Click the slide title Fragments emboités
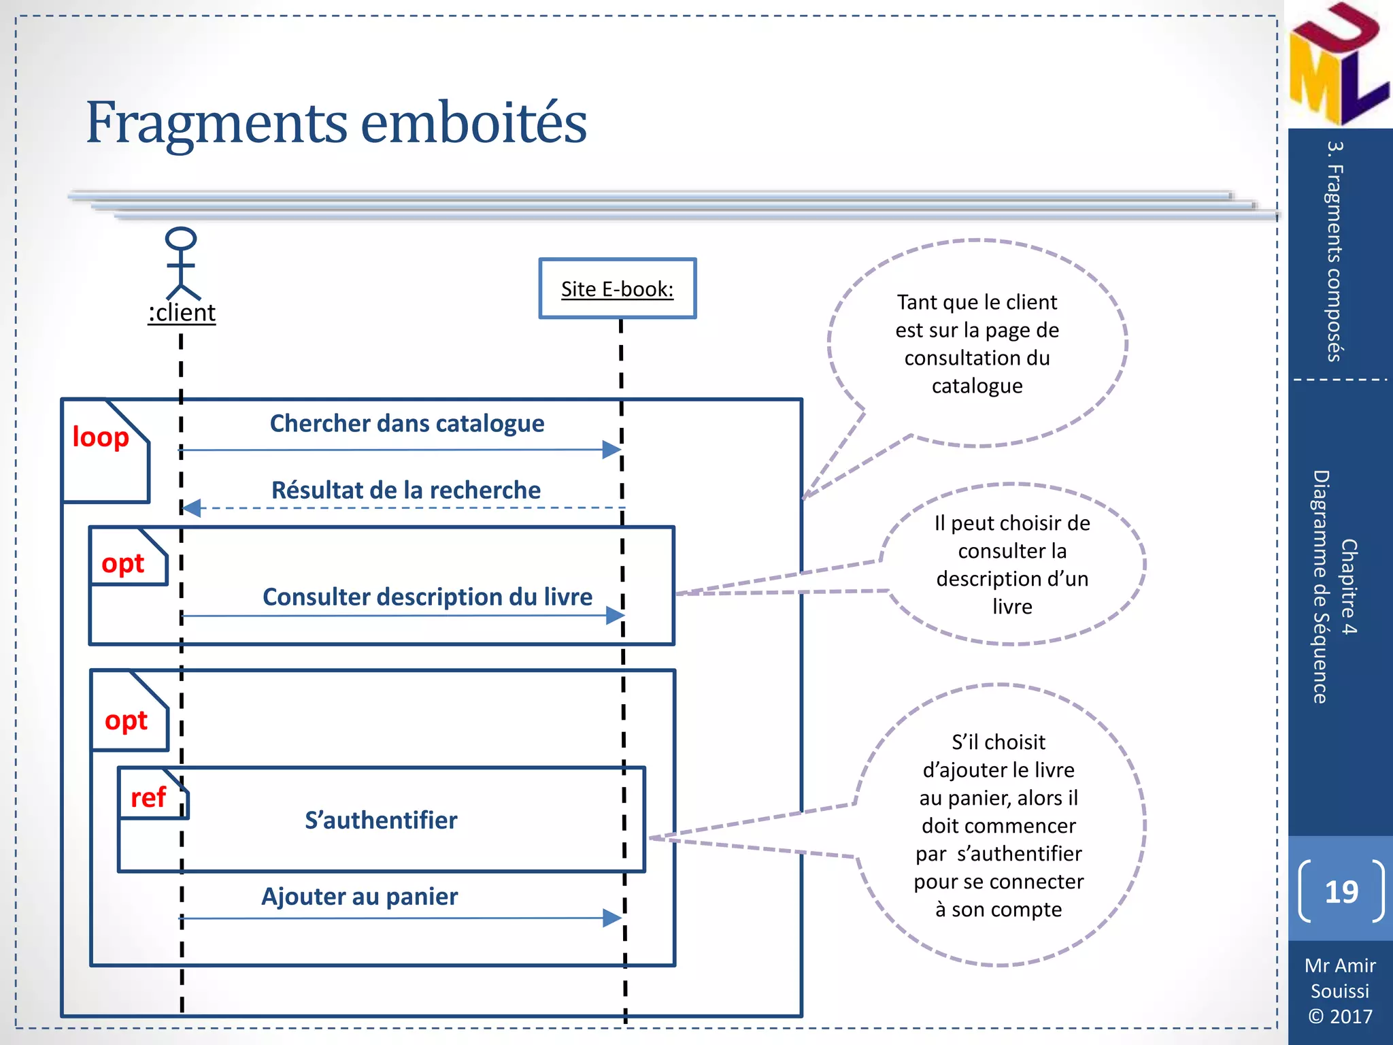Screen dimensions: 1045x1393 click(336, 123)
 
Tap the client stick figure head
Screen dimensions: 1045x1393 click(181, 239)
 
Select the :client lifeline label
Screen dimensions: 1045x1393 click(182, 312)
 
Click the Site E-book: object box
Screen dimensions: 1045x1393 click(617, 288)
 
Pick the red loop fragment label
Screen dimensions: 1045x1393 click(101, 437)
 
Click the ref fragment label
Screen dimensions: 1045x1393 click(148, 797)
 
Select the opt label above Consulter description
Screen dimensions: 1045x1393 click(123, 563)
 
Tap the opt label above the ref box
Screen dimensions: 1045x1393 click(126, 720)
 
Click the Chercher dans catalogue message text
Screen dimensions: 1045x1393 click(407, 423)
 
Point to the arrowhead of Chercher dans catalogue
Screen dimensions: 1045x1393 click(611, 450)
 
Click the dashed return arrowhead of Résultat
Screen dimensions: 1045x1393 click(192, 508)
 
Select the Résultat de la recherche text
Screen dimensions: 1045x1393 click(405, 490)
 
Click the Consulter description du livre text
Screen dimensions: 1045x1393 click(427, 597)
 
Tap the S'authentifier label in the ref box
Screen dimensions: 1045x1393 click(381, 820)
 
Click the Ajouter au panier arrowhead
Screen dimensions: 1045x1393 click(612, 918)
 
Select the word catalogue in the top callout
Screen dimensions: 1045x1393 click(977, 386)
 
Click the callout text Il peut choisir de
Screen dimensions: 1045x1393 click(1011, 522)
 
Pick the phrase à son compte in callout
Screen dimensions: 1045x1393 click(998, 909)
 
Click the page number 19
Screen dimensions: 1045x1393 click(1341, 891)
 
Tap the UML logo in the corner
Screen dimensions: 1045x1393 click(1337, 65)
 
